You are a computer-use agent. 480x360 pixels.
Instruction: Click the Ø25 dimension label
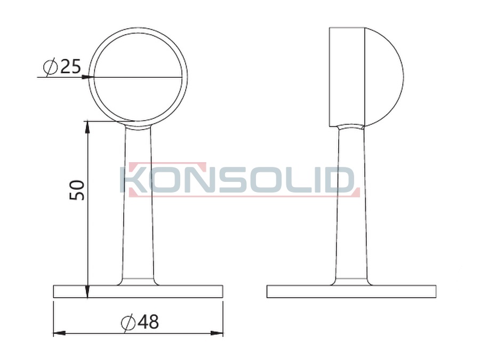(x=62, y=66)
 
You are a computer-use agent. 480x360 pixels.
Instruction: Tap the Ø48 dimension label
(x=140, y=322)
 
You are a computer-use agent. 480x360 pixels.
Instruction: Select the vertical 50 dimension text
(x=77, y=190)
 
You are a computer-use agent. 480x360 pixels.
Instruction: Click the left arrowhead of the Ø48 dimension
(x=59, y=333)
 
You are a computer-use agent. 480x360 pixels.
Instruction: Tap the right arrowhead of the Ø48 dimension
(x=217, y=333)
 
